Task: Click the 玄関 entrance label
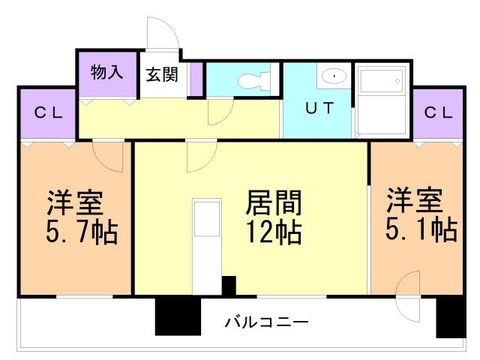[162, 74]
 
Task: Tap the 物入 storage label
[106, 72]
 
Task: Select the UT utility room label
[318, 106]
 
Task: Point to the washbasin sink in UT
[333, 76]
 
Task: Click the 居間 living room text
[274, 202]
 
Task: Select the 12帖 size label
[274, 232]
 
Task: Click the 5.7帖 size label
[81, 232]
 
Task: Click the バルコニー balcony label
[265, 322]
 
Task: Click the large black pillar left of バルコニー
[178, 316]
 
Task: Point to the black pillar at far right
[450, 316]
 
